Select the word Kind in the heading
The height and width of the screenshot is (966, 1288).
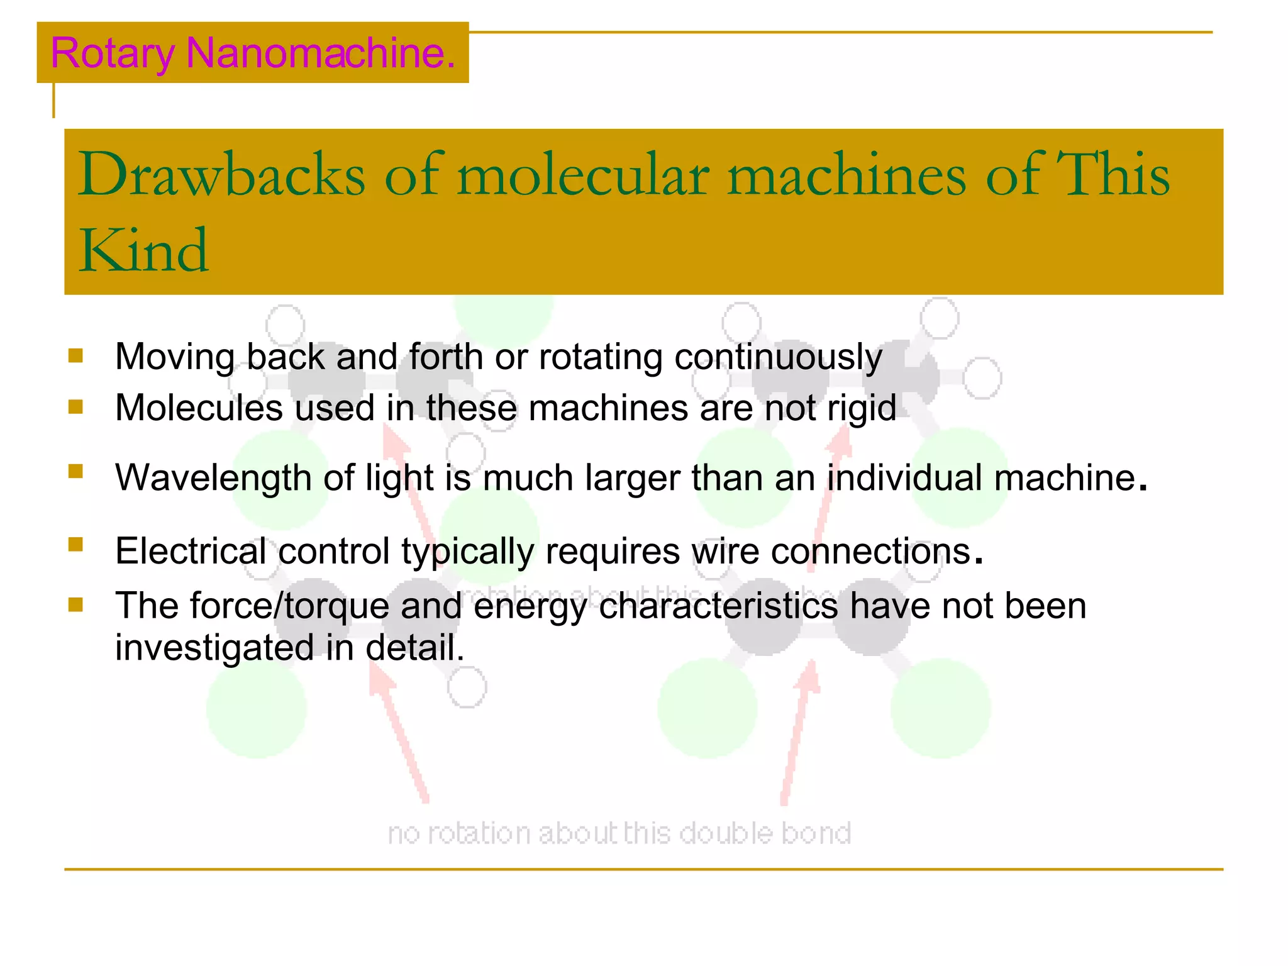point(143,251)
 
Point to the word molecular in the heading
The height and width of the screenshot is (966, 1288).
point(583,174)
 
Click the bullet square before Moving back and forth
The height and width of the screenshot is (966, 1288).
point(76,356)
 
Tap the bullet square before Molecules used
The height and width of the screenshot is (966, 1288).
point(76,406)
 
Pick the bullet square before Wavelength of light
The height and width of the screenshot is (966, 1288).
point(76,471)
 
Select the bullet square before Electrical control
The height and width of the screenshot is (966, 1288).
point(76,544)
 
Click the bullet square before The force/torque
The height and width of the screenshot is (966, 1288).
point(76,604)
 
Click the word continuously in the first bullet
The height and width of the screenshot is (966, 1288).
point(778,357)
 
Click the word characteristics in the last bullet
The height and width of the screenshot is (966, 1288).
point(718,606)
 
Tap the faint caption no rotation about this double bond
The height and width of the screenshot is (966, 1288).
point(619,833)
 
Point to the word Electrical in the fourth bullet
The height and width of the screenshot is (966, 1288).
point(191,552)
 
